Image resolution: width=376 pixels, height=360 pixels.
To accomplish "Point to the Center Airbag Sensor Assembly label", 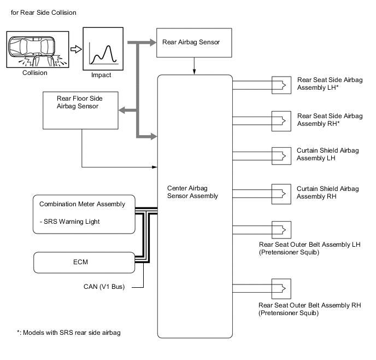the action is click(192, 192).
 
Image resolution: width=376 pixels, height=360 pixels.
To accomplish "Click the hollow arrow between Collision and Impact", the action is click(76, 49).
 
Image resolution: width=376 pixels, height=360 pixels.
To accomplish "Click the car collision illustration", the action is click(38, 49).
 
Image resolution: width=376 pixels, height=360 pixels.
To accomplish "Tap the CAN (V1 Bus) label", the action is click(104, 287).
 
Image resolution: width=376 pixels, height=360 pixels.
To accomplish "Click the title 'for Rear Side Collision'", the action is click(43, 13).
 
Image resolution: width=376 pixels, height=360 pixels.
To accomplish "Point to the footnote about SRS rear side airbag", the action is click(68, 333).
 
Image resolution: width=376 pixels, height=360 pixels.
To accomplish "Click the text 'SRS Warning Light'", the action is click(72, 222).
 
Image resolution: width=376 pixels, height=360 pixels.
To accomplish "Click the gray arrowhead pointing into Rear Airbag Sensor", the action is click(153, 43).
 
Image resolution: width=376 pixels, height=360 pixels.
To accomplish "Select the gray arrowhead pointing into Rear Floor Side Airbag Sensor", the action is click(122, 111).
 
